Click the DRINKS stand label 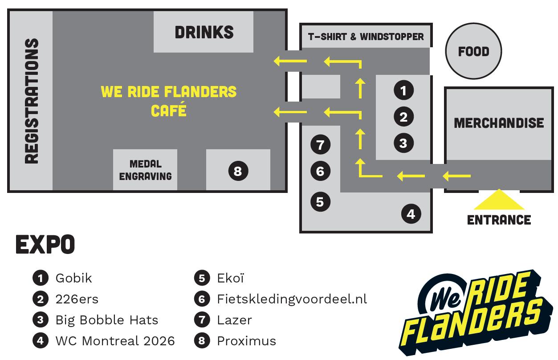(x=204, y=32)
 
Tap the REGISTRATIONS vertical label (x=31, y=101)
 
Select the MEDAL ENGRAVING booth (x=145, y=170)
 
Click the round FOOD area (x=473, y=52)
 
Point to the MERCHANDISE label (x=499, y=123)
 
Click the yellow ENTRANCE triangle (x=498, y=200)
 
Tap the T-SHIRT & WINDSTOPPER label (x=366, y=36)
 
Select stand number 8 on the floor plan (x=238, y=171)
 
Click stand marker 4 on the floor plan (x=411, y=214)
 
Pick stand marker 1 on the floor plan (x=403, y=90)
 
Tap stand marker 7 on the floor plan (x=320, y=144)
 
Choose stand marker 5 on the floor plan (x=320, y=201)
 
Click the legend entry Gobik (x=73, y=278)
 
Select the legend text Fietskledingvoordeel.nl (x=292, y=299)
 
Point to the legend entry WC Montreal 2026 (x=115, y=341)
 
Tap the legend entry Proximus (x=246, y=341)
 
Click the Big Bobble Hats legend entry (x=106, y=320)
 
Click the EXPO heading (x=45, y=244)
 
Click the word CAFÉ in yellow (x=168, y=110)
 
